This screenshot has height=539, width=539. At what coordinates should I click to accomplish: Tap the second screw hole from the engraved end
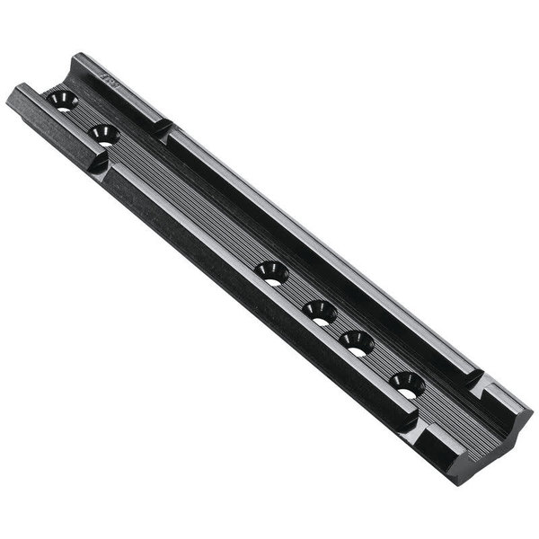tap(105, 136)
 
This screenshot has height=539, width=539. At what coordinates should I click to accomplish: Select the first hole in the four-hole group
tap(270, 272)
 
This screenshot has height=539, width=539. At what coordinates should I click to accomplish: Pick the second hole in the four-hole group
tap(319, 312)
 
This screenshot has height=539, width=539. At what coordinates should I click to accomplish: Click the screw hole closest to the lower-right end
tap(407, 384)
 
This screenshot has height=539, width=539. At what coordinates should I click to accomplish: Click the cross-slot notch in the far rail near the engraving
tap(162, 127)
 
